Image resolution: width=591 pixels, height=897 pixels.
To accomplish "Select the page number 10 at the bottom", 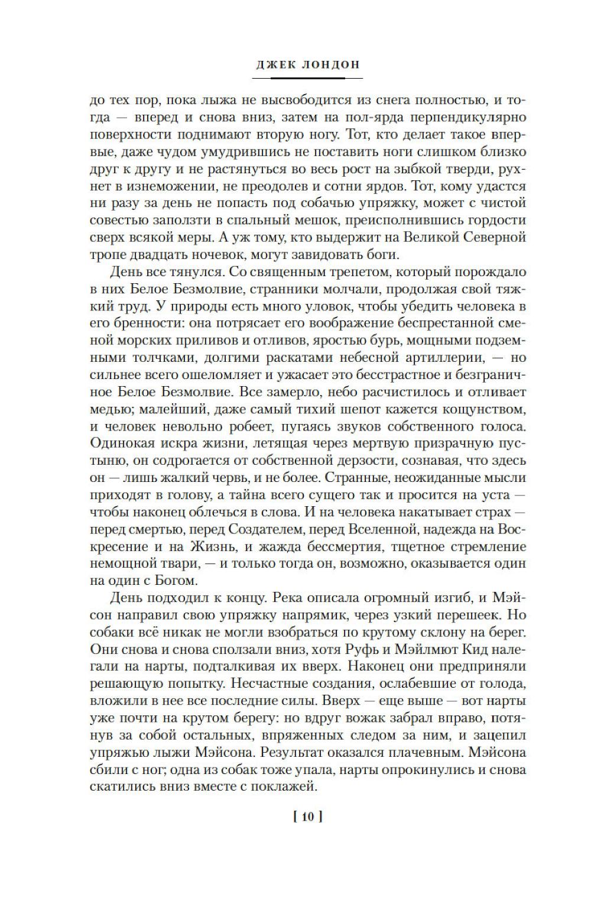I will (307, 817).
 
